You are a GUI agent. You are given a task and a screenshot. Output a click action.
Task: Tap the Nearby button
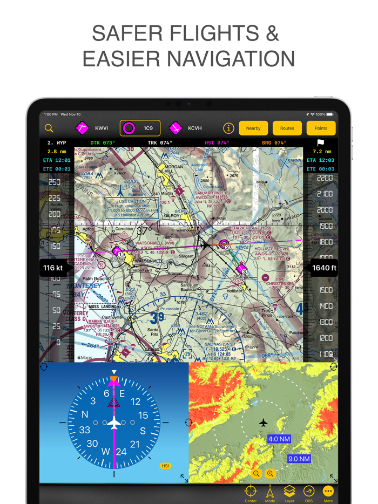(x=253, y=128)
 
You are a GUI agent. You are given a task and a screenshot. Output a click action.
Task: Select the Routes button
(x=287, y=128)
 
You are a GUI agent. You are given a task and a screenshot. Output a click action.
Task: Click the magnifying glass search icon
(x=49, y=128)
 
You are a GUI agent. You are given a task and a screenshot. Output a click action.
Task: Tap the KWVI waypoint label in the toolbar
(x=102, y=128)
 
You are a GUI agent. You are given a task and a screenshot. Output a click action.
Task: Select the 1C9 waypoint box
(x=140, y=128)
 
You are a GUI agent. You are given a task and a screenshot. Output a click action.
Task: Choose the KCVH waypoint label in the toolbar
(x=194, y=128)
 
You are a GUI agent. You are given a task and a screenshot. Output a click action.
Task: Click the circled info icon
(x=228, y=128)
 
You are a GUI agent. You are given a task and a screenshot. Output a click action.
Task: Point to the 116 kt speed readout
(x=53, y=268)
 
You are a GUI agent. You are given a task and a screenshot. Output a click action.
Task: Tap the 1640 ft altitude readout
(x=324, y=268)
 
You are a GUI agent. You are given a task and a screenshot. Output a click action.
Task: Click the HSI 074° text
(x=217, y=143)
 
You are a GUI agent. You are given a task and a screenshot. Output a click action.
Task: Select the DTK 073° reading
(x=102, y=143)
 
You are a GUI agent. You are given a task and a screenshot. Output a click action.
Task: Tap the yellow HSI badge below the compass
(x=165, y=466)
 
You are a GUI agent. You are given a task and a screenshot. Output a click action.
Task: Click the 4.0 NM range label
(x=279, y=439)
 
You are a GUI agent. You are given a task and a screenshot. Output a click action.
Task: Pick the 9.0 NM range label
(x=299, y=459)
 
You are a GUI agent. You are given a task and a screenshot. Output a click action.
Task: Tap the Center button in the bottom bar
(x=251, y=493)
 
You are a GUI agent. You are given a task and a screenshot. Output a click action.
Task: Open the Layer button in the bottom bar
(x=289, y=493)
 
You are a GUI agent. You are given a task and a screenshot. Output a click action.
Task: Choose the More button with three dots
(x=328, y=493)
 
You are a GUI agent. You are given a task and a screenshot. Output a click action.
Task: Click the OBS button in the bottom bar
(x=309, y=493)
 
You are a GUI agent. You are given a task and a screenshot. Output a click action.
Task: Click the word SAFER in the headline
(x=124, y=33)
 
